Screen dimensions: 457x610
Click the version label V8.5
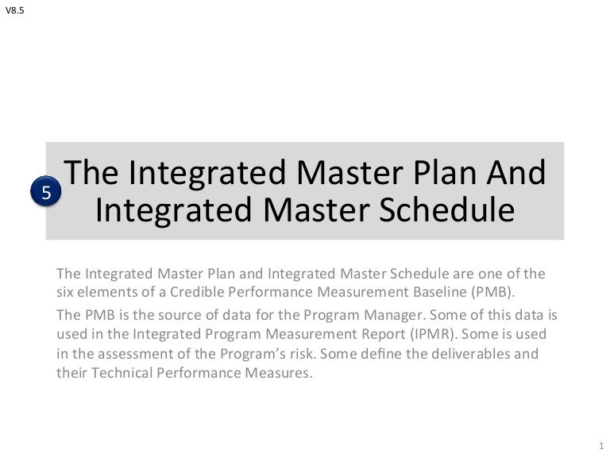click(14, 11)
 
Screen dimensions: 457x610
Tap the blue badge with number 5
click(45, 193)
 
